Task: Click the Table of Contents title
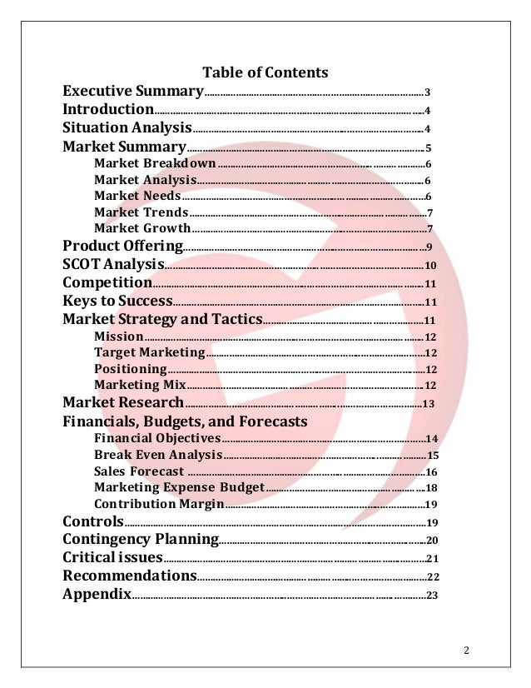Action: point(265,72)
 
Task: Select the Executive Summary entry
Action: point(133,91)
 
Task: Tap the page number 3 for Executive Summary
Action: point(427,92)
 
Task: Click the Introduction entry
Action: point(107,109)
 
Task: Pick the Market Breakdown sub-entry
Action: point(155,163)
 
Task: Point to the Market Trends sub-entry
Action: point(141,212)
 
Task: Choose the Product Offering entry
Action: point(122,246)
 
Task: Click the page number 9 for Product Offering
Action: point(428,247)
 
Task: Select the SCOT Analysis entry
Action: point(113,264)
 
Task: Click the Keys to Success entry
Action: point(117,301)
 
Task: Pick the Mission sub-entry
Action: point(119,337)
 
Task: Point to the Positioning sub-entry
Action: point(131,369)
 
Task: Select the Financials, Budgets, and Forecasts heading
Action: point(185,421)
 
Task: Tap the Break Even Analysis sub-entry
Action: point(158,455)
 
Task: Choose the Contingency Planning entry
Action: point(140,540)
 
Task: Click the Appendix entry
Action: point(97,594)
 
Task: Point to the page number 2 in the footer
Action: point(467,651)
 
